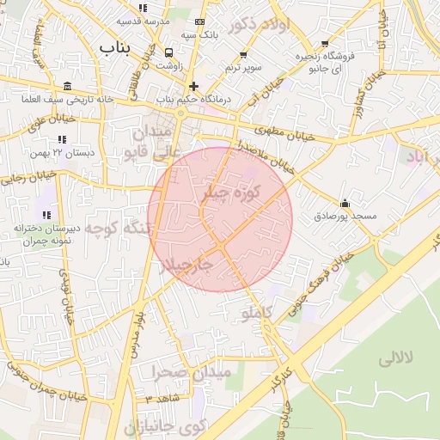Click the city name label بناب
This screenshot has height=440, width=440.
pyautogui.click(x=118, y=46)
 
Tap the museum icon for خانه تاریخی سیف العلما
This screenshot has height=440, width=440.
pyautogui.click(x=68, y=87)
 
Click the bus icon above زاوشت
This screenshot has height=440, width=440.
pyautogui.click(x=168, y=52)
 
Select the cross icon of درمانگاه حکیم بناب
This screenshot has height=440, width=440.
pyautogui.click(x=194, y=86)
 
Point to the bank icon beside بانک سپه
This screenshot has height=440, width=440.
pyautogui.click(x=200, y=21)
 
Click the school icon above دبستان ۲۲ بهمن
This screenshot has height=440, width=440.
pyautogui.click(x=61, y=139)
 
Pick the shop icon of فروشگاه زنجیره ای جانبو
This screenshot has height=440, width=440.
pyautogui.click(x=325, y=43)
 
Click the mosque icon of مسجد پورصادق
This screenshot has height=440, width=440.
pyautogui.click(x=345, y=203)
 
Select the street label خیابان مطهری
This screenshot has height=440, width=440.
pyautogui.click(x=282, y=132)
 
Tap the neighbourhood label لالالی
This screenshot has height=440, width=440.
pyautogui.click(x=396, y=356)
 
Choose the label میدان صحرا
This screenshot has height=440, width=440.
pyautogui.click(x=192, y=373)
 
